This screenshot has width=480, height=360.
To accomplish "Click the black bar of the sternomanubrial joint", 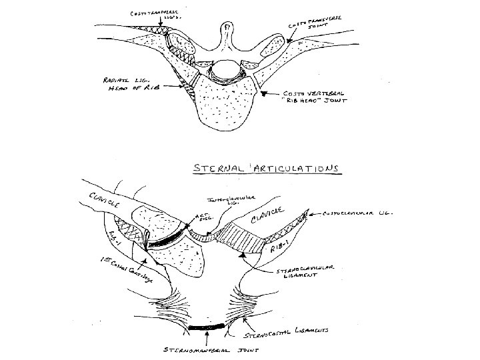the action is coord(208,329).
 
